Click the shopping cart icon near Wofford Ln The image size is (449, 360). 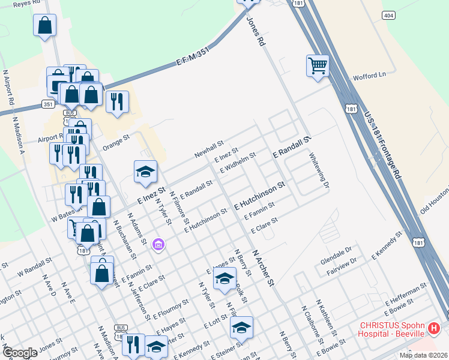click(318, 65)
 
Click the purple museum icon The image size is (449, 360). click(158, 244)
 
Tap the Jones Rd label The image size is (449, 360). click(255, 32)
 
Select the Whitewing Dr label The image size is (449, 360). click(319, 170)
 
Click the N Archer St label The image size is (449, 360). click(262, 267)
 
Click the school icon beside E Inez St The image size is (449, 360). click(145, 173)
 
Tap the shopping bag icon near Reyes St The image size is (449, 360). click(44, 26)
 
